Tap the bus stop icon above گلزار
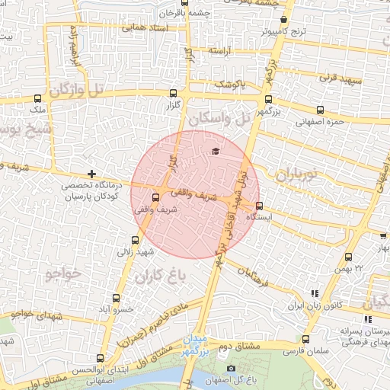pyautogui.click(x=173, y=93)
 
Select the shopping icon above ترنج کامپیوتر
pyautogui.click(x=283, y=20)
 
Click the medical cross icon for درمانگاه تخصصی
pyautogui.click(x=91, y=174)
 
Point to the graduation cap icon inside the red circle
pyautogui.click(x=215, y=151)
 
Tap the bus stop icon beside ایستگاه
pyautogui.click(x=260, y=205)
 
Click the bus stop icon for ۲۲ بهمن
pyautogui.click(x=348, y=257)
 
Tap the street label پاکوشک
pyautogui.click(x=229, y=83)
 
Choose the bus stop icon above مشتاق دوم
pyautogui.click(x=305, y=340)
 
